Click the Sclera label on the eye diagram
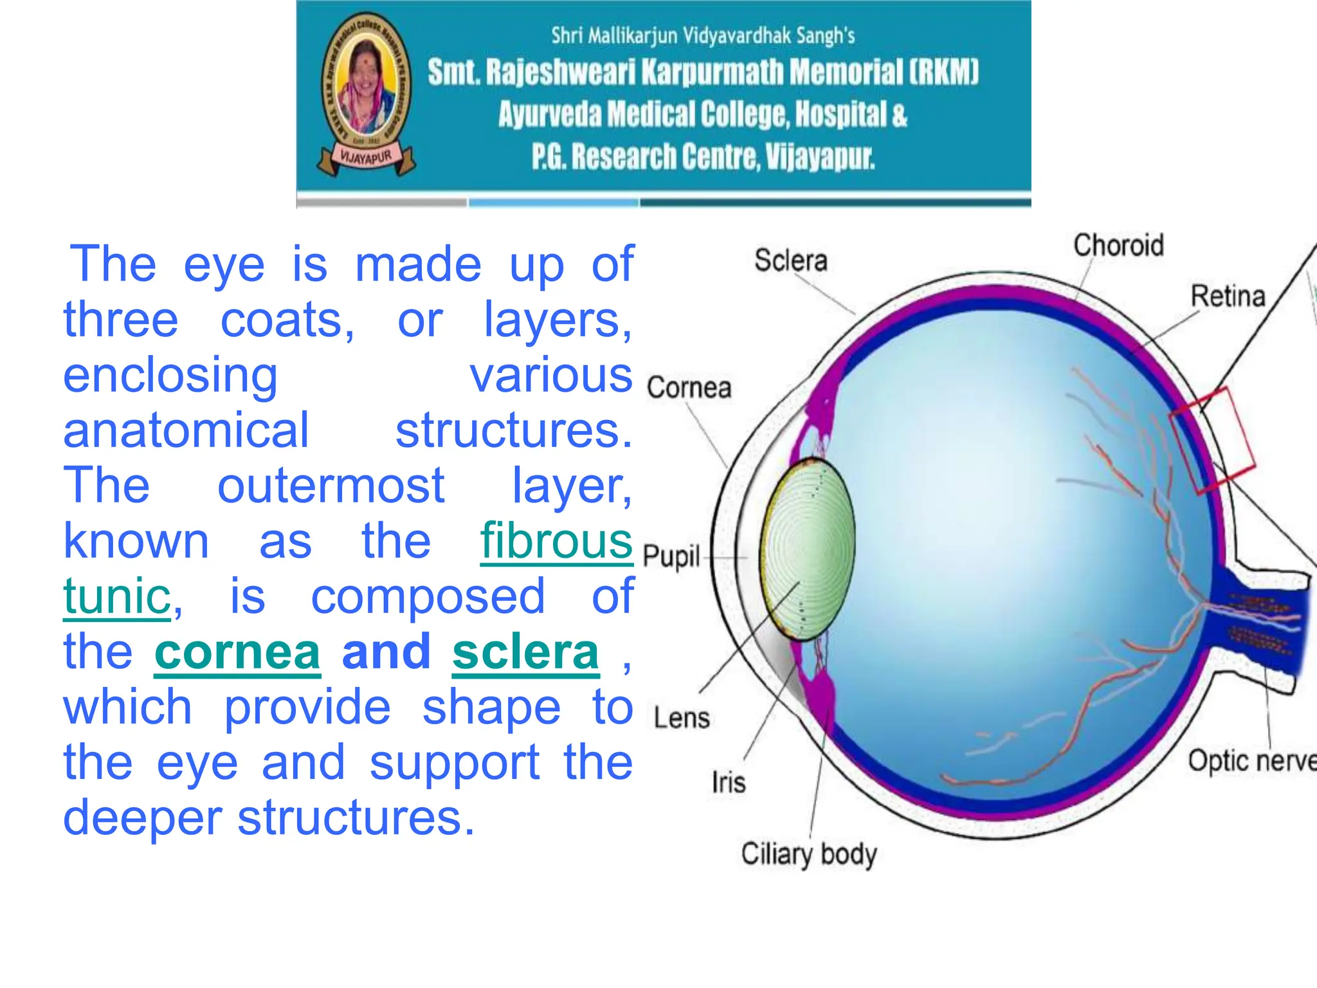pos(790,261)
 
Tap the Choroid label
pos(1118,246)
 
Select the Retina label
pos(1228,297)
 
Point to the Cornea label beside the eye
pos(689,388)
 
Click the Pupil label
pos(671,556)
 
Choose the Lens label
pos(682,718)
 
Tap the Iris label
pos(729,783)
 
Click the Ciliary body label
pos(808,854)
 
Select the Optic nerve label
pos(1251,761)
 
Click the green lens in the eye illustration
pos(809,550)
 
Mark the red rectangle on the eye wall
pos(1212,441)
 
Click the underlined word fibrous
pos(556,542)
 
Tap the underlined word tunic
pos(117,597)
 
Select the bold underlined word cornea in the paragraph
pos(237,652)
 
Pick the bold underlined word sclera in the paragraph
pos(525,652)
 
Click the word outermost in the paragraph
pos(331,486)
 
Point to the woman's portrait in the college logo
pos(365,90)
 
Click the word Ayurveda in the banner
pos(550,115)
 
